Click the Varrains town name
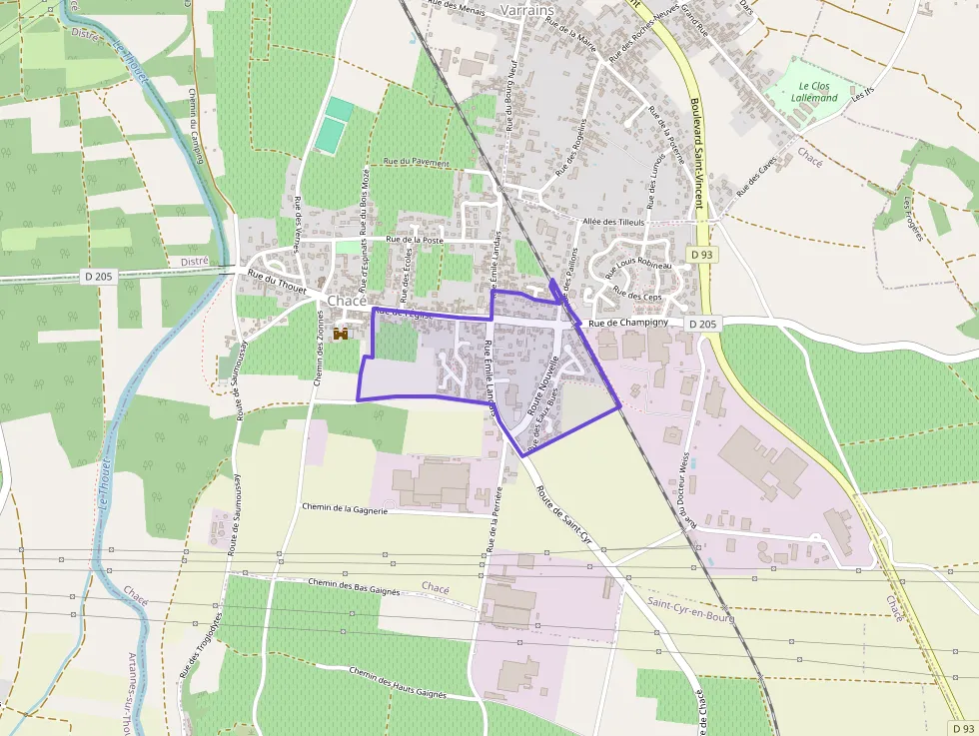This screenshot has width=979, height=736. point(526,9)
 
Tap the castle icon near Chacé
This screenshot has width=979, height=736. point(340,333)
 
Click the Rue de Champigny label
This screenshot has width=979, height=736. point(628,324)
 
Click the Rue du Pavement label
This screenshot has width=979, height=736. point(411,161)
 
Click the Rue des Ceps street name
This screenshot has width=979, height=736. point(637,295)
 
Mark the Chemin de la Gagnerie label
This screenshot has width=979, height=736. point(345,507)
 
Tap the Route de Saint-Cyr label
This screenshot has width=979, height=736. point(564,514)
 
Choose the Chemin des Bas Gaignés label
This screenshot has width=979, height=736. point(354,585)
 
